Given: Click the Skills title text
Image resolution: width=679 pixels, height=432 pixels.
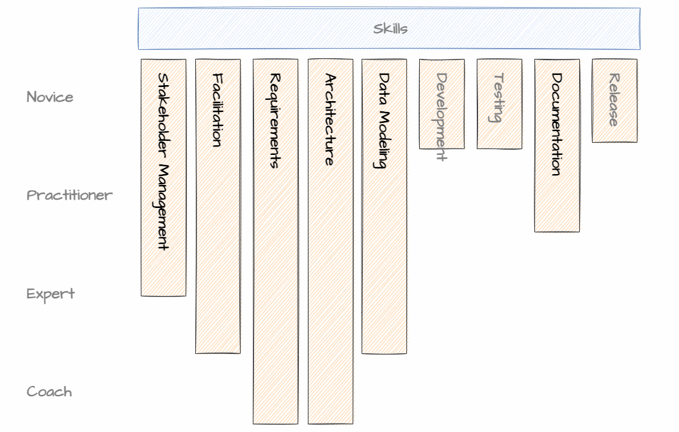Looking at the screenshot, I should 390,29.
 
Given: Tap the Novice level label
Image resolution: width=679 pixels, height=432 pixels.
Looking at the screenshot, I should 50,97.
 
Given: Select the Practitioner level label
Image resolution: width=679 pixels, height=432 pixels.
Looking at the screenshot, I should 69,195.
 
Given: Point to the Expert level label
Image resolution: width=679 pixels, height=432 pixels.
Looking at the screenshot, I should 51,294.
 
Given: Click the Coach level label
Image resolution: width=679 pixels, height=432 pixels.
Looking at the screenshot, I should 49,392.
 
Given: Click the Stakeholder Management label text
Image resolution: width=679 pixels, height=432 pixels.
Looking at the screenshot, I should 163,161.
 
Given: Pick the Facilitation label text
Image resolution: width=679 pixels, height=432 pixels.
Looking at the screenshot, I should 218,110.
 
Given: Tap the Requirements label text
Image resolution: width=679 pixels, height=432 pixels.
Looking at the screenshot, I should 275,120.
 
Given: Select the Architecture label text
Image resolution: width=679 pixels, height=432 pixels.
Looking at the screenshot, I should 330,120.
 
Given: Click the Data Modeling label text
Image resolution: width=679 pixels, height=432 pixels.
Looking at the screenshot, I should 384,120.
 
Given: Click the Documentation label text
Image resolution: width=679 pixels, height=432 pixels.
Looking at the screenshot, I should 557,124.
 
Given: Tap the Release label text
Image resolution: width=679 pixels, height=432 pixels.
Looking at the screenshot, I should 614,100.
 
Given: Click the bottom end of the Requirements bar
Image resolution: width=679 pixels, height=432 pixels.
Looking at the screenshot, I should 275,422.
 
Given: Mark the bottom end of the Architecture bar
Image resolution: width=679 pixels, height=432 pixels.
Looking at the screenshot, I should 330,422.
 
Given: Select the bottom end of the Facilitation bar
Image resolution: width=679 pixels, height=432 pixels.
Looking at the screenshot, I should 218,352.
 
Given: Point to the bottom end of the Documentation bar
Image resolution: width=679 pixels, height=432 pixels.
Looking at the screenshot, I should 557,230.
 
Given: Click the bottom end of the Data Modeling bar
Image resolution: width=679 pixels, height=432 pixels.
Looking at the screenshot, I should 384,352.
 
